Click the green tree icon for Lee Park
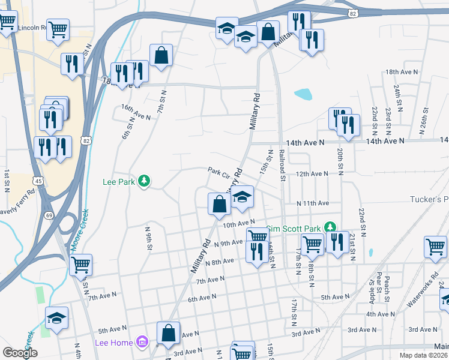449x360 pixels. click(143, 181)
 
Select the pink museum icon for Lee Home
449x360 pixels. click(142, 342)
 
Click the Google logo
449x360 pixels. click(20, 353)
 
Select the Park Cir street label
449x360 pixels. click(219, 170)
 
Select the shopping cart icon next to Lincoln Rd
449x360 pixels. click(58, 29)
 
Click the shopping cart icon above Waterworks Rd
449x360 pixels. click(435, 247)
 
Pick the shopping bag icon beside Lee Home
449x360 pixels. click(169, 333)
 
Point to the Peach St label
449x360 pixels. click(388, 290)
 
